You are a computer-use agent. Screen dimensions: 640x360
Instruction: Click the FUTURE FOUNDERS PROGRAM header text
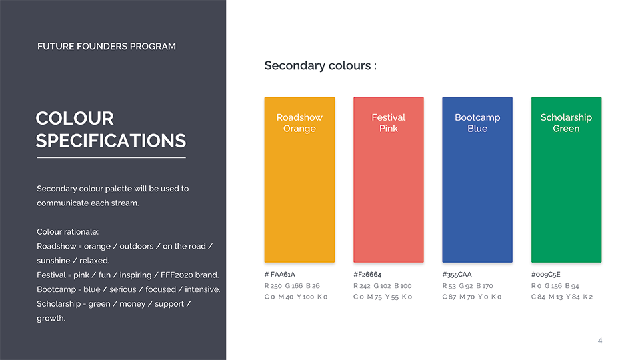coord(107,47)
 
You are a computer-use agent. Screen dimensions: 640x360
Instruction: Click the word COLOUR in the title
coord(75,119)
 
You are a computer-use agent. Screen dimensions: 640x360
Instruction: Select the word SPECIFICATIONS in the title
coord(111,141)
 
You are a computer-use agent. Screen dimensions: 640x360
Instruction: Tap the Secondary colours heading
coord(321,65)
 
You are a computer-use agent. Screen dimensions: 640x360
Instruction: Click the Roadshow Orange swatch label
coord(299,123)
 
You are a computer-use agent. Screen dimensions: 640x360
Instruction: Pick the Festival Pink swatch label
coord(389,123)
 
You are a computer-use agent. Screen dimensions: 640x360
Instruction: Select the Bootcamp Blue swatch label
coord(477,123)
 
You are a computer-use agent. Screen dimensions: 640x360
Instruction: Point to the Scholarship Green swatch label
coord(566,123)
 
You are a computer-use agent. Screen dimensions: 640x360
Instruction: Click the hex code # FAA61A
coord(279,274)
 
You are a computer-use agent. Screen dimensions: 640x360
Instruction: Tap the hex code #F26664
coord(367,274)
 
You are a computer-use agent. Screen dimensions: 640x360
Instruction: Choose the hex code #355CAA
coord(457,274)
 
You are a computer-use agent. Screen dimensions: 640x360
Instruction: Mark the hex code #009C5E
coord(546,274)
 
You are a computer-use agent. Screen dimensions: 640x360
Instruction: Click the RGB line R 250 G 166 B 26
coord(292,286)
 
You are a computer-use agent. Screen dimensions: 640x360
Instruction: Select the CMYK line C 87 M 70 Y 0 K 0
coord(472,297)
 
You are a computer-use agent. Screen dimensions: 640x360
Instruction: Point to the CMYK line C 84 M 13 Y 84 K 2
coord(562,297)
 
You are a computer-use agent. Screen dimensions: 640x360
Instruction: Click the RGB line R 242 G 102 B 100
coord(383,286)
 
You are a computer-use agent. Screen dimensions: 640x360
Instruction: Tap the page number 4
coord(600,341)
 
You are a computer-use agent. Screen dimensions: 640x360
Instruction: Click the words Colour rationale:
coord(68,232)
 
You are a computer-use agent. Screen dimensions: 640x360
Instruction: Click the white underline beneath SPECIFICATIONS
coord(111,157)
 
